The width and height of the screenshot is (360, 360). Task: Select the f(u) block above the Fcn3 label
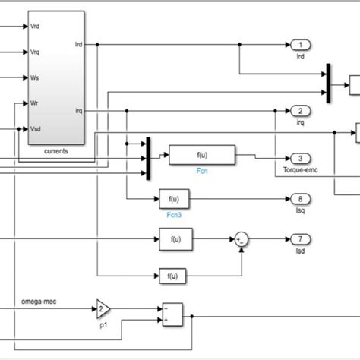click(x=175, y=199)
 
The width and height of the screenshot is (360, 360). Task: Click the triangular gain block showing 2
click(x=103, y=308)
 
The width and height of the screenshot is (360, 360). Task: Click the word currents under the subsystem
click(x=55, y=150)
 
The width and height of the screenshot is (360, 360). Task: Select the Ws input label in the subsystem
click(x=35, y=77)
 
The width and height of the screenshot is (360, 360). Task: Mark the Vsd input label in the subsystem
click(x=36, y=128)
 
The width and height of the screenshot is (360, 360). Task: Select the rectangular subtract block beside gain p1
click(x=172, y=314)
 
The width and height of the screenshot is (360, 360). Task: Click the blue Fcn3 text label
click(x=175, y=214)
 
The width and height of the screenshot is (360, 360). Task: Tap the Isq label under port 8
click(x=299, y=211)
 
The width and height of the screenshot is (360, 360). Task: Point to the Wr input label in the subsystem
click(x=34, y=103)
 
